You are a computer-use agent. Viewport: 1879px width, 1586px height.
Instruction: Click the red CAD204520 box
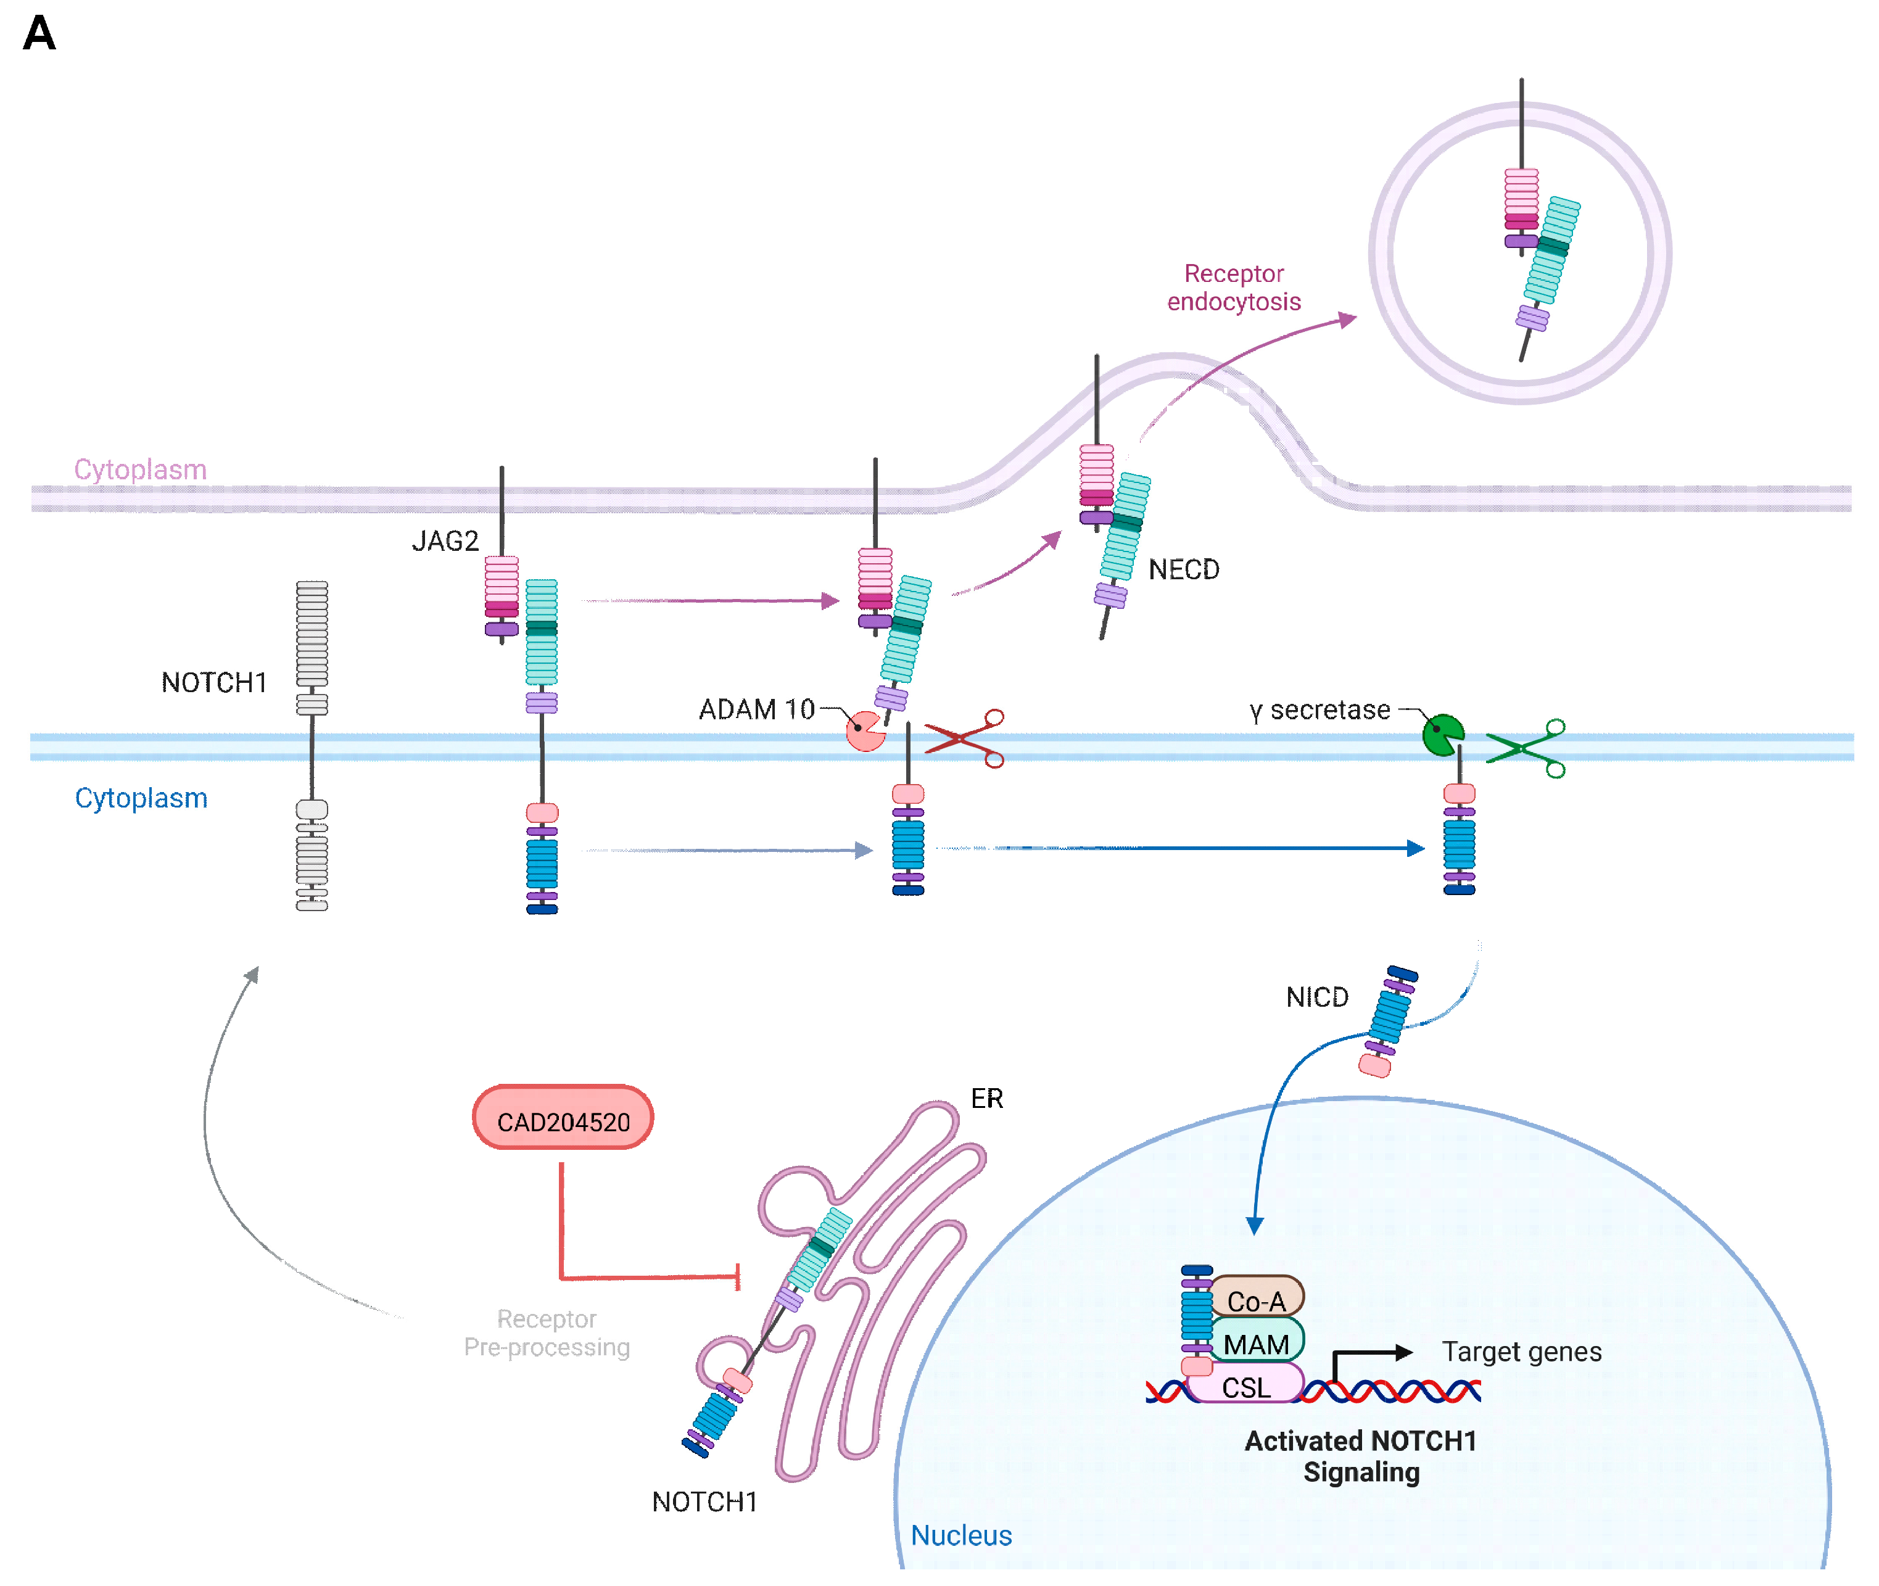[x=563, y=1118]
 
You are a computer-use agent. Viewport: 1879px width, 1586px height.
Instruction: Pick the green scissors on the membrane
[x=1526, y=748]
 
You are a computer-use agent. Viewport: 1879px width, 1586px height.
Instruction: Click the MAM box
[x=1256, y=1342]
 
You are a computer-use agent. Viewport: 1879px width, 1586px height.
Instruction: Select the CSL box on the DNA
[x=1245, y=1386]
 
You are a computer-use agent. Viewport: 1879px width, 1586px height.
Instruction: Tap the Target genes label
[x=1522, y=1352]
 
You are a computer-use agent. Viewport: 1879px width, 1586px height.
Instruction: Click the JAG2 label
[x=445, y=541]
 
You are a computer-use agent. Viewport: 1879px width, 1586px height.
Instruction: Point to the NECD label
[x=1184, y=570]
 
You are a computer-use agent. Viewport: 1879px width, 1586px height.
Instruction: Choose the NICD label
[x=1317, y=997]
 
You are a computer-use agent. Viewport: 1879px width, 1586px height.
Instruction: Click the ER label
[x=987, y=1099]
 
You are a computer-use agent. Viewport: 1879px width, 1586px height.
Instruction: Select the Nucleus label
[x=961, y=1535]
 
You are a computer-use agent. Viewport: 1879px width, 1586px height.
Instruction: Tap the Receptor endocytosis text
[x=1234, y=287]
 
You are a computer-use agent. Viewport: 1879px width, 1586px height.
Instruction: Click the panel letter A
[x=39, y=33]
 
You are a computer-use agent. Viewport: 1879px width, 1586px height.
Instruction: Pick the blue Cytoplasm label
[x=141, y=798]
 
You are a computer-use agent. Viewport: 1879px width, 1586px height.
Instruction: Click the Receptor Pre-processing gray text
[x=547, y=1332]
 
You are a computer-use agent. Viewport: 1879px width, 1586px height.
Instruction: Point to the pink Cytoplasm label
[x=140, y=469]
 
